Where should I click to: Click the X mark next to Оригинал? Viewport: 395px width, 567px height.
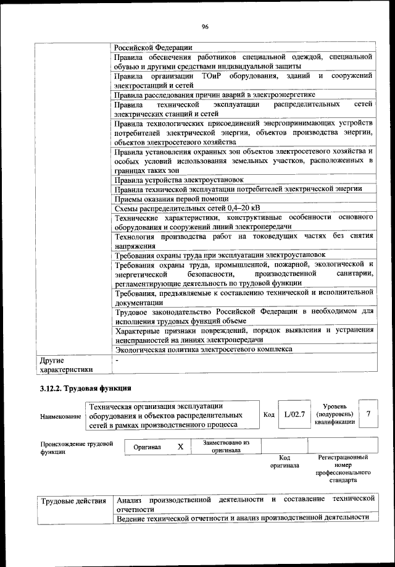[181, 446]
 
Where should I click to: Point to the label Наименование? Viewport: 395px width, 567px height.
[61, 417]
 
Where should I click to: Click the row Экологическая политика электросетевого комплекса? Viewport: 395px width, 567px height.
[204, 348]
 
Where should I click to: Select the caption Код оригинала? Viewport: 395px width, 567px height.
[284, 461]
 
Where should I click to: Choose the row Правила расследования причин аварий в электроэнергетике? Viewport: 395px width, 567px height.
[215, 94]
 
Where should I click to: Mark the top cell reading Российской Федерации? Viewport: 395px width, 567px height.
[153, 47]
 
